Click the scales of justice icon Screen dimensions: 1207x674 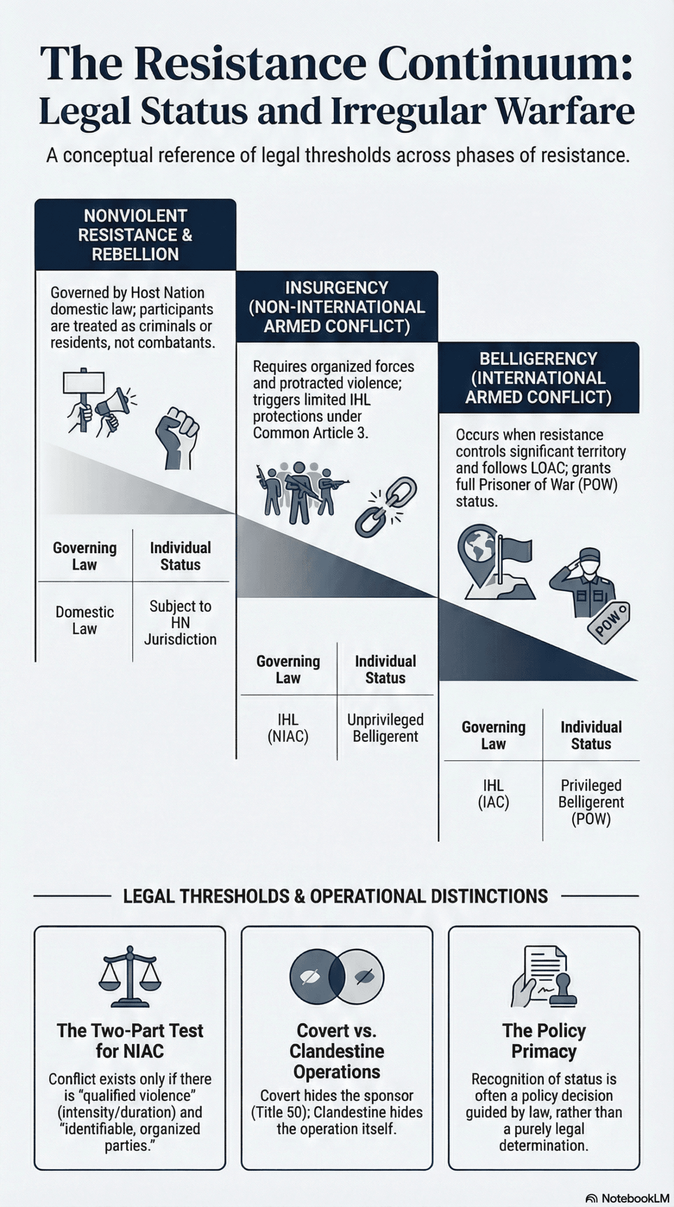130,976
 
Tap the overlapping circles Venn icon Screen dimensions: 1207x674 337,976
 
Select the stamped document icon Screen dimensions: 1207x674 544,976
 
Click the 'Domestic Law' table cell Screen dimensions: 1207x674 85,620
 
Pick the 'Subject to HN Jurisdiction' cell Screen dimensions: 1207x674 180,623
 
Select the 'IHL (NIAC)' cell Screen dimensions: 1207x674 288,728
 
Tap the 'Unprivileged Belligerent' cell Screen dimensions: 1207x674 385,728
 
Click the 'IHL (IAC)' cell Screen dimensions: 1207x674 493,794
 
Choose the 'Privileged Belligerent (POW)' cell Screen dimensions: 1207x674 591,802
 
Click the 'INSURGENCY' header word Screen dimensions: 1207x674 336,288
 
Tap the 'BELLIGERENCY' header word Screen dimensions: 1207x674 539,359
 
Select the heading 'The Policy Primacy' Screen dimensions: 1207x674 544,1041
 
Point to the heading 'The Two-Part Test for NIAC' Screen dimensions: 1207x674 130,1041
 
